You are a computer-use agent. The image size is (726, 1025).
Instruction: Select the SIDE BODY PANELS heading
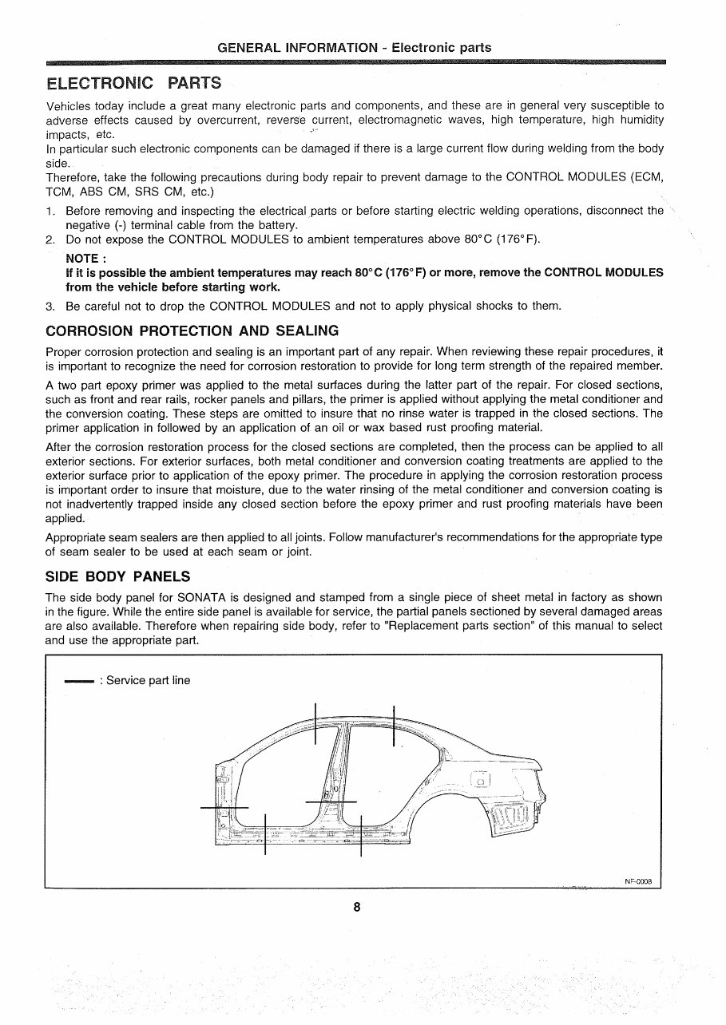(118, 576)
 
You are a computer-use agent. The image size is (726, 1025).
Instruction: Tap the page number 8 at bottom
(357, 907)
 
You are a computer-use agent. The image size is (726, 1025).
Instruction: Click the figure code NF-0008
(638, 881)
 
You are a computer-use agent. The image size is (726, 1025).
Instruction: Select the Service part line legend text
(149, 680)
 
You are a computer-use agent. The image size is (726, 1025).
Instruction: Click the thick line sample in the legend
(79, 681)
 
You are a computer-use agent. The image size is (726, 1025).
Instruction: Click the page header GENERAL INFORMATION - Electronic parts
(354, 48)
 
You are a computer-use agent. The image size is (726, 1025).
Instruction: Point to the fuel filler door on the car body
(481, 780)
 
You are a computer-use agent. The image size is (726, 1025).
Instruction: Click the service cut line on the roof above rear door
(394, 726)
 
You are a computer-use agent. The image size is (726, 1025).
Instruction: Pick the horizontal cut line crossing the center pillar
(331, 801)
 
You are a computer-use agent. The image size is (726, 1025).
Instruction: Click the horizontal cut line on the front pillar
(224, 809)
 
